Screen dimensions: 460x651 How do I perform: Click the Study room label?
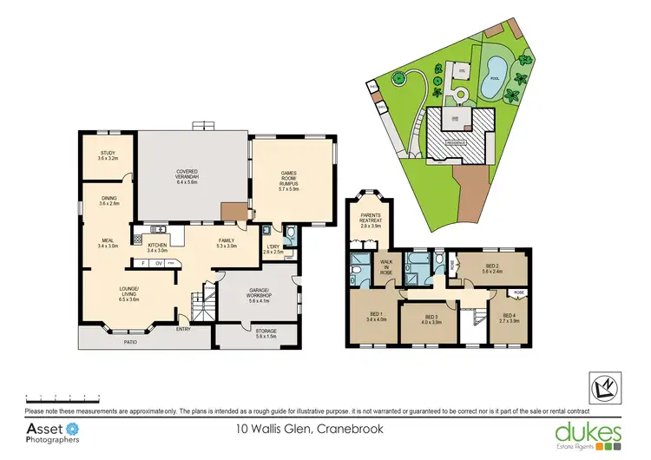tap(107, 156)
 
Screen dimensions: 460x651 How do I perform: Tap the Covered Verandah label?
tap(187, 176)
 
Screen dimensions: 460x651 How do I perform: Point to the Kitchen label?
tap(157, 247)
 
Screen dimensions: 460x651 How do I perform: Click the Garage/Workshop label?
tap(260, 296)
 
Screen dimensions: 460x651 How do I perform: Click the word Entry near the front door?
tap(184, 329)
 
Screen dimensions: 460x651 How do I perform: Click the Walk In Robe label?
tap(387, 266)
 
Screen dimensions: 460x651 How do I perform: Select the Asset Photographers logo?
tap(53, 433)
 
